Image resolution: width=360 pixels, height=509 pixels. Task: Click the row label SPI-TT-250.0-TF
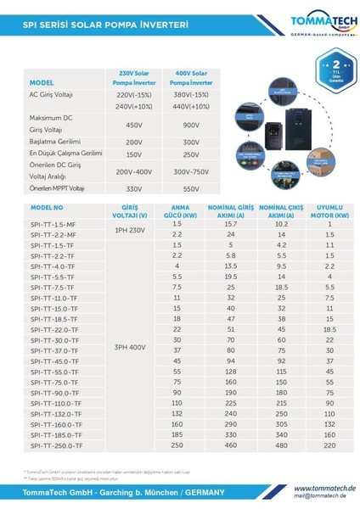tap(57, 445)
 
